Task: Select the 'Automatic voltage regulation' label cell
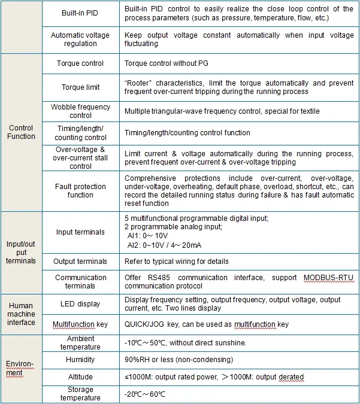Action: (80, 40)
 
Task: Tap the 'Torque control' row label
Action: (80, 63)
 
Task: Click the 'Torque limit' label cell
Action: (80, 87)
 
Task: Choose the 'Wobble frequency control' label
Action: (80, 111)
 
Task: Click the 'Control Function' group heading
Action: (21, 132)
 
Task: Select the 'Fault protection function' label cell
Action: (80, 191)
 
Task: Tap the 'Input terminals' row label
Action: (80, 232)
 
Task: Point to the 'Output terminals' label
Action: (80, 262)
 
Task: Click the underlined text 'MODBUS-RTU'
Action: (328, 278)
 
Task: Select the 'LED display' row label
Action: (80, 304)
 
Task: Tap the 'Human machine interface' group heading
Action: (21, 314)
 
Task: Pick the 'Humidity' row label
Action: (80, 360)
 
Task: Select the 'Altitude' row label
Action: (80, 377)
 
